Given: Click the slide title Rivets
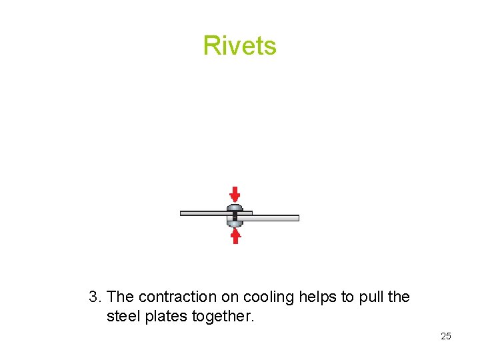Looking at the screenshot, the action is point(239,45).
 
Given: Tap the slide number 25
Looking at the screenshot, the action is point(446,336).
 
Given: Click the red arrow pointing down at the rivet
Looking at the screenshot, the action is point(235,194).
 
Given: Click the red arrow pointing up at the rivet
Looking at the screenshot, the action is point(235,236).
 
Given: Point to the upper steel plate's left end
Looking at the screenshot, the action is point(183,213).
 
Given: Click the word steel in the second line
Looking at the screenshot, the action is point(124,317).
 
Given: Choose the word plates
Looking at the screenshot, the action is point(166,317).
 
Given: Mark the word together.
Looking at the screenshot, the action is point(223,317).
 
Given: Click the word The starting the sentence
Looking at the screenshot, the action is point(121,297).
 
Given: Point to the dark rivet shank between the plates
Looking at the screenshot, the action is point(235,215).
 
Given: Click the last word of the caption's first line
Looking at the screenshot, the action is point(399,297).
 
